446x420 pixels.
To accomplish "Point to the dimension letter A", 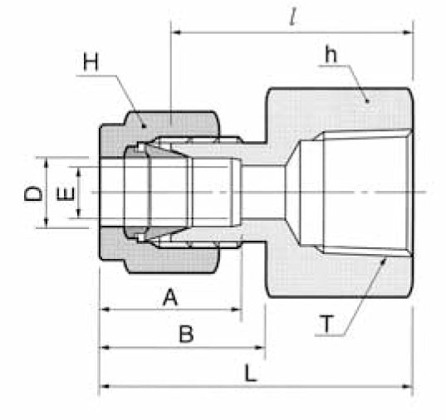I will pyautogui.click(x=169, y=297).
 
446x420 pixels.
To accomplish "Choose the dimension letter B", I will pyautogui.click(x=186, y=335).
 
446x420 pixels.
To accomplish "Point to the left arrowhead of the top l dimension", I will pyautogui.click(x=174, y=32).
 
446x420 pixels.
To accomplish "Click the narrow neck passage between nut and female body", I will pyautogui.click(x=262, y=192).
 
